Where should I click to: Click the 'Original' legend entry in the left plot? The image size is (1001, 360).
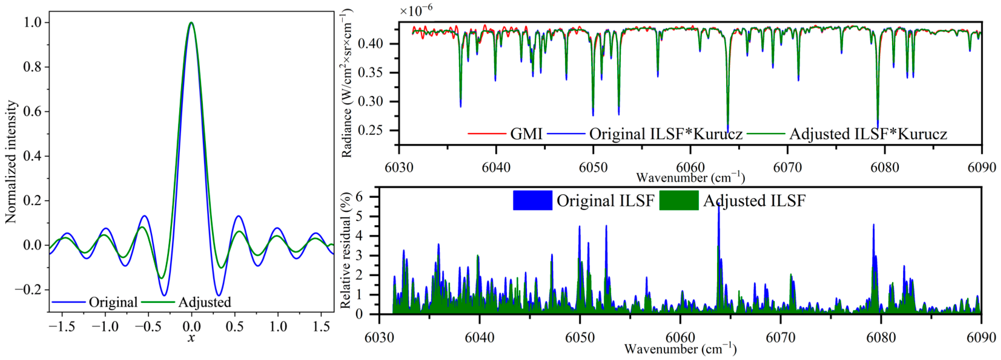113,302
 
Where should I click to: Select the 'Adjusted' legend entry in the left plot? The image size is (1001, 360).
204,302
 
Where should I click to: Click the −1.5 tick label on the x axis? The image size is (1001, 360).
62,327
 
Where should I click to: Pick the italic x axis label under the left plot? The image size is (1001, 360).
191,338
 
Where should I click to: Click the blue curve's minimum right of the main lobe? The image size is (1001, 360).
219,295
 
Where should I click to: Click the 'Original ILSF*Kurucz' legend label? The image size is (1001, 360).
666,134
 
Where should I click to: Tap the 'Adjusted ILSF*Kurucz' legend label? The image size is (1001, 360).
868,134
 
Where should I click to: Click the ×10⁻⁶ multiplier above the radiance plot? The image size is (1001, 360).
416,11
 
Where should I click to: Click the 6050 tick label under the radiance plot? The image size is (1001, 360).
593,168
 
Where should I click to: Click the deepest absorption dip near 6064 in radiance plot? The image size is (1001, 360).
728,131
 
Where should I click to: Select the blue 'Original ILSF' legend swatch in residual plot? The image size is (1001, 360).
532,201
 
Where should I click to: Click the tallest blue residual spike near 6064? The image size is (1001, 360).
719,206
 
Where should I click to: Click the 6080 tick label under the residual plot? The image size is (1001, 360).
881,338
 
